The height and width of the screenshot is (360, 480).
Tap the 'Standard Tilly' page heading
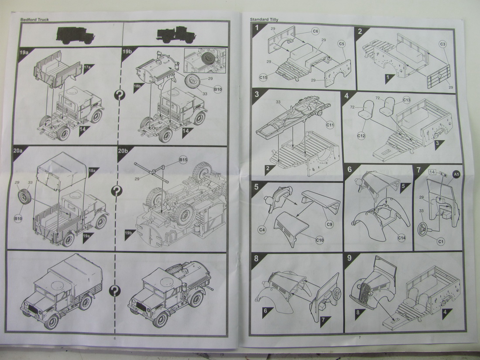[x=264, y=20]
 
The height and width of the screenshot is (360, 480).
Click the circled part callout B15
[x=183, y=160]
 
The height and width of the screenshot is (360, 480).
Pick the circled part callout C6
[x=315, y=31]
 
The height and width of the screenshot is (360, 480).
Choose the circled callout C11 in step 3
[x=330, y=125]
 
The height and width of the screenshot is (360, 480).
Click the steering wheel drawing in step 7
[x=423, y=228]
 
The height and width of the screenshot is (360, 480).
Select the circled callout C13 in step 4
[x=406, y=100]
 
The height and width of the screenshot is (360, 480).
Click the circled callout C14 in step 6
[x=401, y=237]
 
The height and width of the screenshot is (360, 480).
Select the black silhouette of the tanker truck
[x=174, y=34]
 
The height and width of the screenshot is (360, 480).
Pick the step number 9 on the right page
[x=349, y=258]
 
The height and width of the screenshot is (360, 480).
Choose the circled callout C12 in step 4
[x=361, y=136]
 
